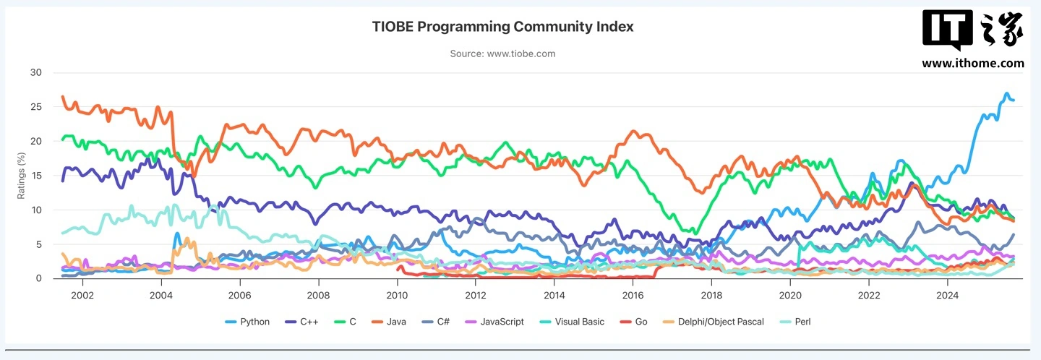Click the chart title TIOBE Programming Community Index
coord(502,27)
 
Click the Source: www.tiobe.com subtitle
coord(502,53)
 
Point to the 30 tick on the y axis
coord(36,73)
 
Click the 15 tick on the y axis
coord(36,176)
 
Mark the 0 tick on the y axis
coord(39,278)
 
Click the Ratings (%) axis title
coord(21,176)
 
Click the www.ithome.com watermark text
coord(972,64)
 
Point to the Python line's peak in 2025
coord(1006,94)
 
